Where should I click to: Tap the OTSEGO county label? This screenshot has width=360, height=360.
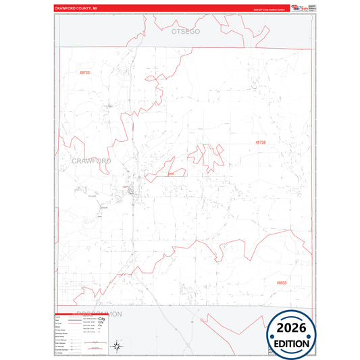(186, 32)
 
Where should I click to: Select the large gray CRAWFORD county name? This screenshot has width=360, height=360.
(91, 161)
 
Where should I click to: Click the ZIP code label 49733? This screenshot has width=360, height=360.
(84, 72)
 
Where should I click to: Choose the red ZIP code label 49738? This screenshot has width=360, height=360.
(261, 143)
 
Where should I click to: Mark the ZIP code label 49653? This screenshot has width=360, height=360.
(281, 283)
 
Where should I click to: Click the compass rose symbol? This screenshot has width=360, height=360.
(115, 346)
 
